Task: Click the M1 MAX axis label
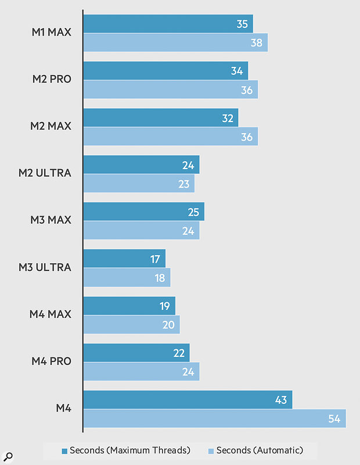tap(52, 32)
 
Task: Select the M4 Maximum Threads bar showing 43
tap(188, 399)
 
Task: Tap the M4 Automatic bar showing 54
tap(214, 419)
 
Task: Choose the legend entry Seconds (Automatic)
tap(255, 450)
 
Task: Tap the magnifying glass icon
tap(9, 456)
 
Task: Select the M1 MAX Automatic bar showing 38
tap(175, 42)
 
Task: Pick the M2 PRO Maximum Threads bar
tap(165, 70)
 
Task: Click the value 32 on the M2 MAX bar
tap(228, 118)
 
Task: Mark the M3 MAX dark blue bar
tap(143, 212)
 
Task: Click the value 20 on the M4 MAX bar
tap(168, 325)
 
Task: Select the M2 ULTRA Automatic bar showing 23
tap(139, 184)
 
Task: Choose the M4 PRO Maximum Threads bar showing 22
tap(136, 353)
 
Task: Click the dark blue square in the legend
tap(65, 450)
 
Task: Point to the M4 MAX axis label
tap(51, 314)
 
